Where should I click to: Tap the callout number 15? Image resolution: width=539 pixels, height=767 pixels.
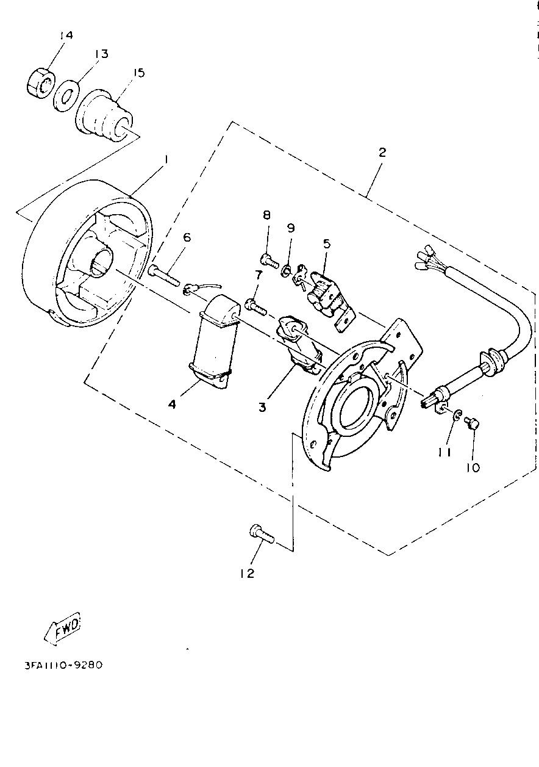tap(138, 73)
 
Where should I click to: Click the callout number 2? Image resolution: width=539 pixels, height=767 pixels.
tap(382, 152)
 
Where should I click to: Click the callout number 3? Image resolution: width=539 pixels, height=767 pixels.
tap(262, 406)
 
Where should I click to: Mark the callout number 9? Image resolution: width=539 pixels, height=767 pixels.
tap(291, 228)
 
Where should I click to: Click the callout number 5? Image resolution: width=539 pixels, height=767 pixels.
tap(327, 243)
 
